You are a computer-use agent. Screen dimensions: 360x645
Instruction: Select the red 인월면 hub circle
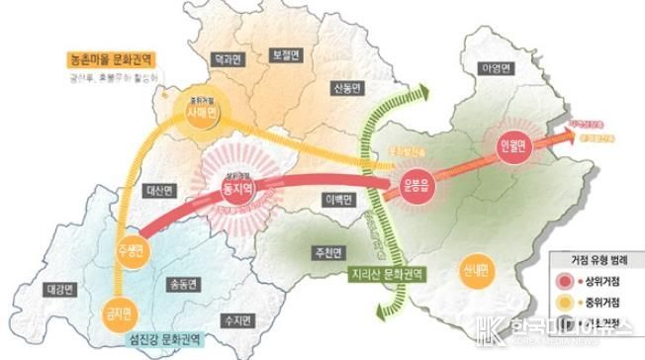pos(518,146)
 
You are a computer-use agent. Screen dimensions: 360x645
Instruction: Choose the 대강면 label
pos(61,290)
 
